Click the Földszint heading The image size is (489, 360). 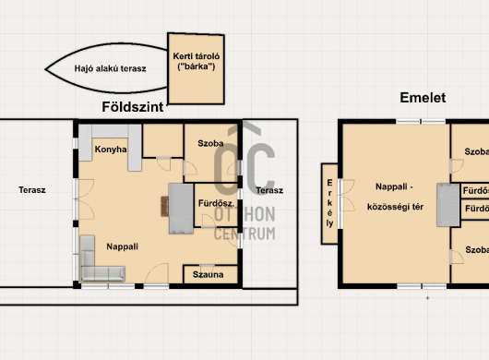pyautogui.click(x=133, y=107)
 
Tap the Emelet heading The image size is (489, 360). pyautogui.click(x=423, y=98)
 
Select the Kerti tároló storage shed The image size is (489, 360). pyautogui.click(x=197, y=68)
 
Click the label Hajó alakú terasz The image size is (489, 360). pyautogui.click(x=110, y=68)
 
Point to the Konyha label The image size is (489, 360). pyautogui.click(x=111, y=150)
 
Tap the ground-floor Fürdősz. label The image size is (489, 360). pyautogui.click(x=216, y=203)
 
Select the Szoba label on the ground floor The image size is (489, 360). pyautogui.click(x=210, y=143)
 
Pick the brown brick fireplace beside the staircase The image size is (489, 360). pyautogui.click(x=164, y=206)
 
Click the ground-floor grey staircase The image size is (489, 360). pyautogui.click(x=181, y=209)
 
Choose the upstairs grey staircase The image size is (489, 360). pyautogui.click(x=448, y=205)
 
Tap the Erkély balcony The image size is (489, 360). pyautogui.click(x=329, y=203)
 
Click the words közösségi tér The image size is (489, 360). pyautogui.click(x=395, y=207)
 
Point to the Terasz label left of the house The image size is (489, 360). pyautogui.click(x=32, y=190)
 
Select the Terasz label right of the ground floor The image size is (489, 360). pyautogui.click(x=269, y=190)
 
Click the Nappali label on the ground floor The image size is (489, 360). pyautogui.click(x=122, y=246)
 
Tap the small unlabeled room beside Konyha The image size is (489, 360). pyautogui.click(x=162, y=140)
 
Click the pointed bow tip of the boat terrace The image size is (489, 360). pyautogui.click(x=45, y=69)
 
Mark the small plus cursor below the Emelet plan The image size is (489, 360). pyautogui.click(x=427, y=298)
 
